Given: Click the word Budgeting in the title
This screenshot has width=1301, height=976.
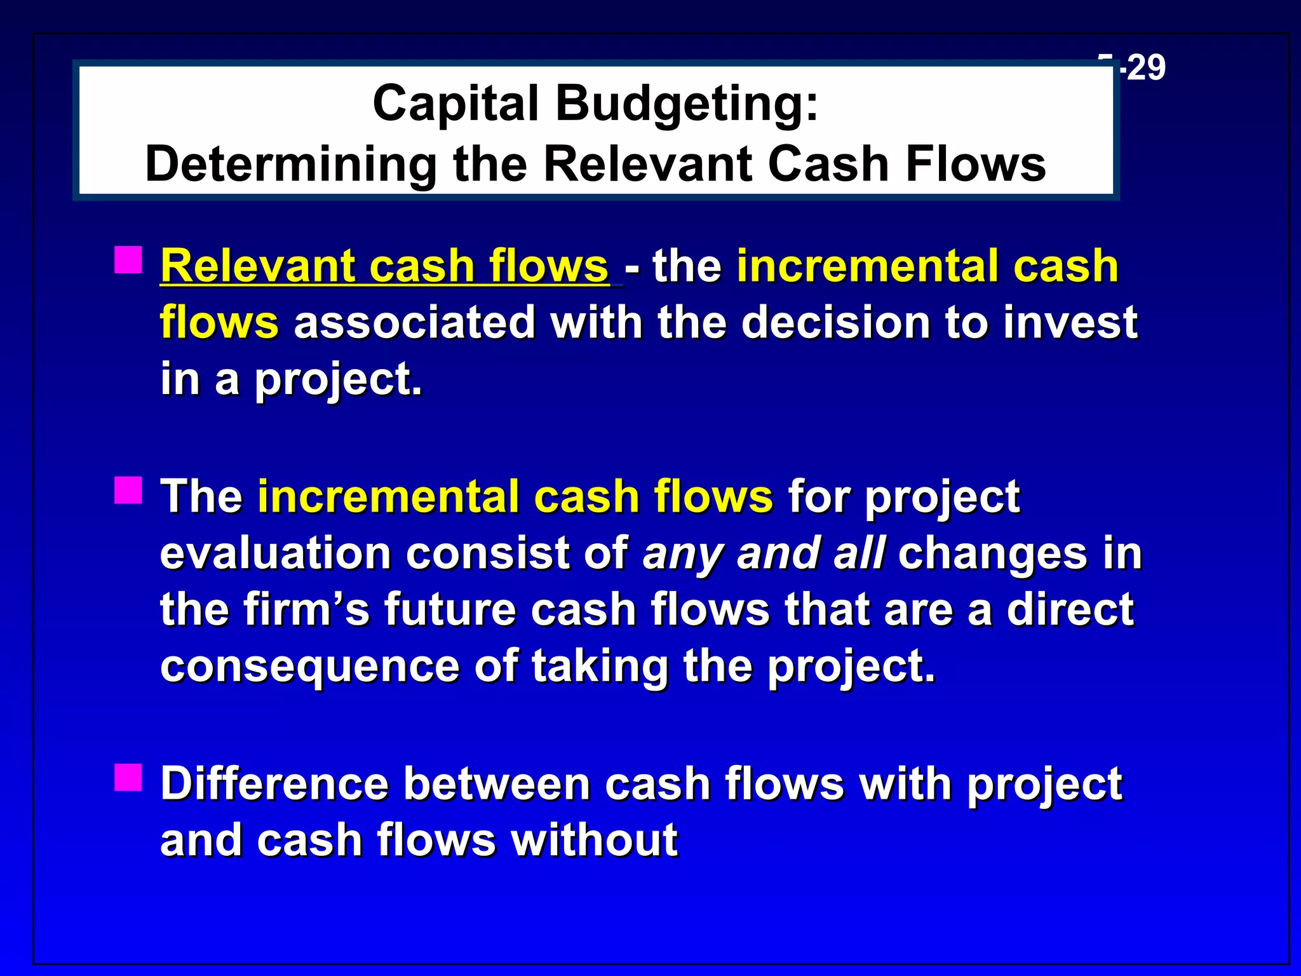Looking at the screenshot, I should pos(687,104).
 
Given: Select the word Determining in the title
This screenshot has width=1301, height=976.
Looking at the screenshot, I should pos(290,164).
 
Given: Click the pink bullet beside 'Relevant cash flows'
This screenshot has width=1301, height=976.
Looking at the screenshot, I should pos(128,260).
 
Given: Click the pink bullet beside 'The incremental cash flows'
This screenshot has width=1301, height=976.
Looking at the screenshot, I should pos(128,491).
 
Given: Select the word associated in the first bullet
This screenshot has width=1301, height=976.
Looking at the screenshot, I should pos(414,322).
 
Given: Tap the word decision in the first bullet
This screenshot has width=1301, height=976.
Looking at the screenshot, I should pos(835,322).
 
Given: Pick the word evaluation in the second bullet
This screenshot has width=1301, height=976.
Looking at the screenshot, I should pos(275,553).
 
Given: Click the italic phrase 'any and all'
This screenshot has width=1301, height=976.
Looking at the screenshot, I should pos(764,553).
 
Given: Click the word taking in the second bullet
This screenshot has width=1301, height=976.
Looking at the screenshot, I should pos(600,666).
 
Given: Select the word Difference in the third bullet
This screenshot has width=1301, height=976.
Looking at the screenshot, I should pos(274,783).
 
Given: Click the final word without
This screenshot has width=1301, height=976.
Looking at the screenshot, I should pos(595,840).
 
